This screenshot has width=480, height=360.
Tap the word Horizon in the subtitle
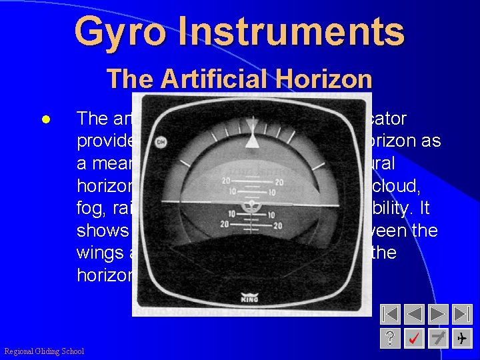click(327, 79)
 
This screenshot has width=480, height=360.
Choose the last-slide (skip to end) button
click(461, 314)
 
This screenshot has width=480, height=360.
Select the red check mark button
click(415, 339)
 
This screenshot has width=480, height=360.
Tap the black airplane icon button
click(461, 339)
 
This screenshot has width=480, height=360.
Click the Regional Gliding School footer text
click(44, 351)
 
